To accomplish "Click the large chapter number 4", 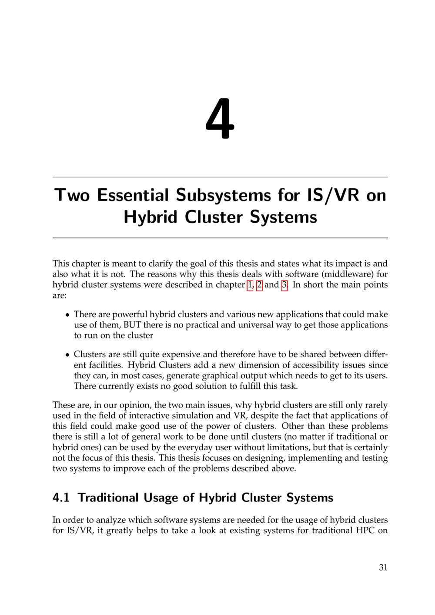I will click(x=220, y=119).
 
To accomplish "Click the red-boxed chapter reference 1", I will click(x=250, y=285).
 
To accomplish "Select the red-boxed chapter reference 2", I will click(x=260, y=285).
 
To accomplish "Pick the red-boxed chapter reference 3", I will click(x=284, y=285).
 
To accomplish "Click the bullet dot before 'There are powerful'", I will click(x=67, y=315).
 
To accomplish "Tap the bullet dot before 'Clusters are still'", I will click(x=67, y=355).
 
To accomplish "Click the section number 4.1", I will click(x=61, y=498).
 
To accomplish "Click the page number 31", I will click(x=383, y=567).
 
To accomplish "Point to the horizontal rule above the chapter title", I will click(x=220, y=177).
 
